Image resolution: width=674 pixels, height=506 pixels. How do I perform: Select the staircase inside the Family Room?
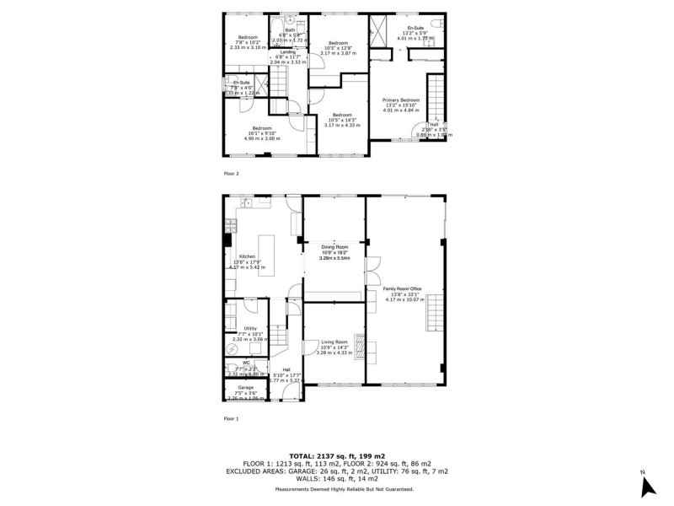point(434,315)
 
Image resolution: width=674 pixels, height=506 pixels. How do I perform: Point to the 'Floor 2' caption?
point(232,173)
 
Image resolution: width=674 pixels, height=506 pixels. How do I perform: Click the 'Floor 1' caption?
point(232,418)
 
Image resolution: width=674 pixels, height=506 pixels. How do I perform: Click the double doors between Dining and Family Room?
point(369,277)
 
